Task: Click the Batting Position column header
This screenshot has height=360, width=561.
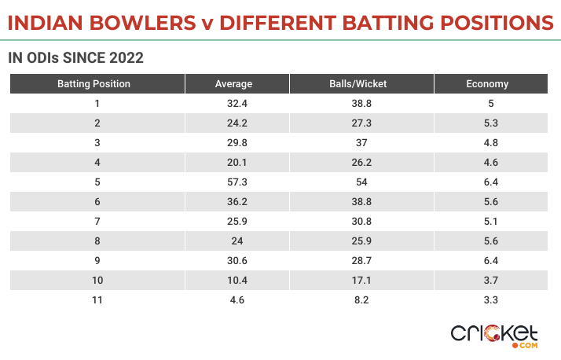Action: (x=94, y=83)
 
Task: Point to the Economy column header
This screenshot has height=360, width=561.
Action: (x=487, y=83)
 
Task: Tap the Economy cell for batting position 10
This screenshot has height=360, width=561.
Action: (x=487, y=280)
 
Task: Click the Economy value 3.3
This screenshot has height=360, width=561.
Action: (x=487, y=299)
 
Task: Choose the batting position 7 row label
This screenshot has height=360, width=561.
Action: (x=97, y=221)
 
